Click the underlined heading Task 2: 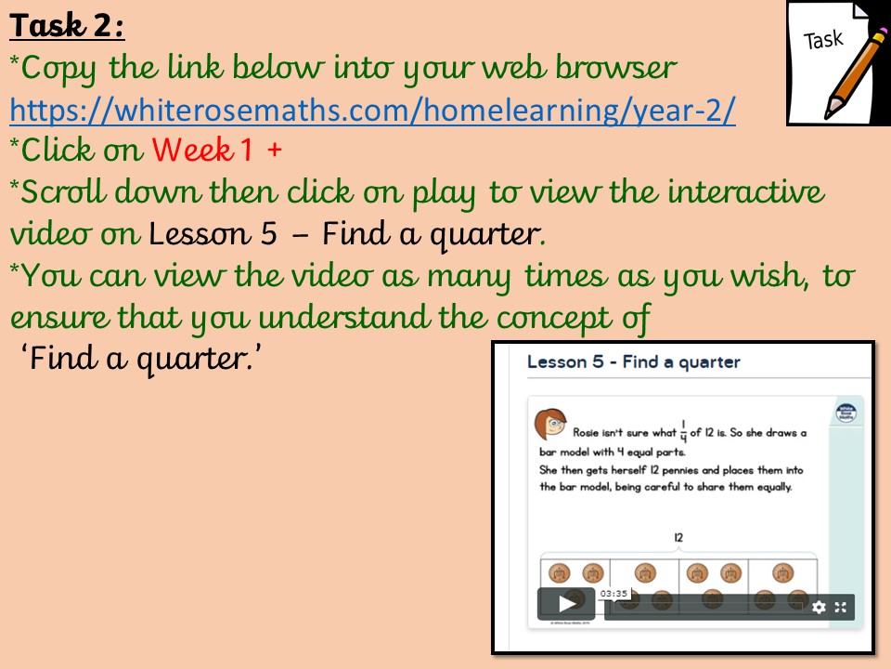(x=67, y=26)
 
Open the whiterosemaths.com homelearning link (x=373, y=110)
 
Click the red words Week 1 (x=202, y=151)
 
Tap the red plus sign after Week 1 (x=275, y=151)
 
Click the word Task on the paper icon (x=823, y=40)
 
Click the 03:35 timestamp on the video (x=613, y=594)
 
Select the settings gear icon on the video (x=819, y=608)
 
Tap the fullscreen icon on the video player (x=841, y=608)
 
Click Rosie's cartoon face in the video (x=550, y=424)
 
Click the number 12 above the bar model (x=678, y=538)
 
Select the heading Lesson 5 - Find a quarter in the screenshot (x=634, y=361)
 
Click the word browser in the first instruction (x=616, y=67)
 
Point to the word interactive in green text (x=745, y=191)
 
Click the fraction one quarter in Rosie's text (x=684, y=432)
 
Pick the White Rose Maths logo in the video (x=846, y=413)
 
